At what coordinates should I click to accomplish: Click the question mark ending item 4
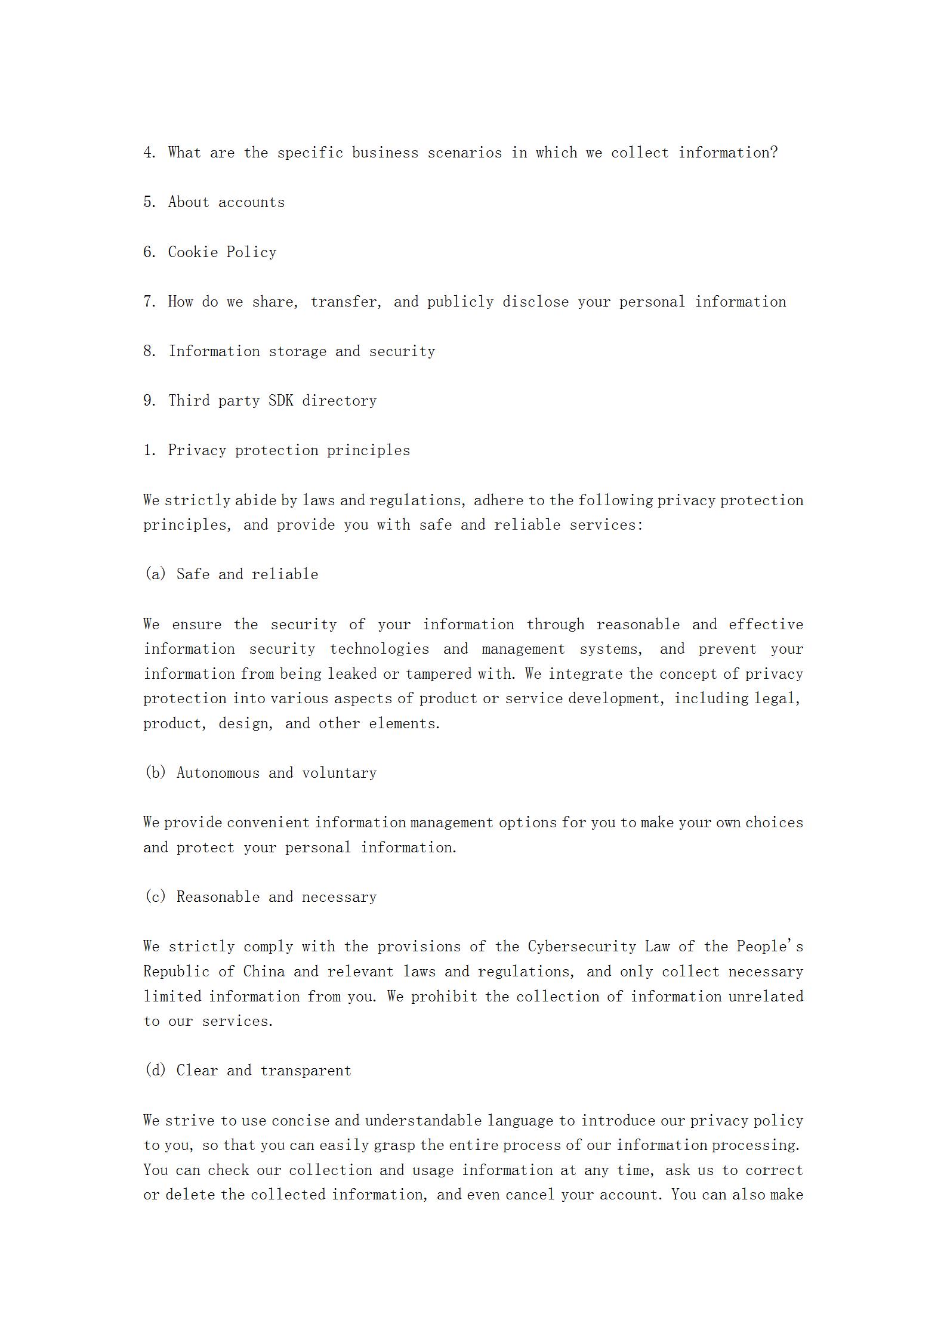click(774, 153)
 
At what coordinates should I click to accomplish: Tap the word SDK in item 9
click(280, 400)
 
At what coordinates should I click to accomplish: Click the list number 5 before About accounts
click(149, 202)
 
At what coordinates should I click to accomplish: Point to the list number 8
click(149, 351)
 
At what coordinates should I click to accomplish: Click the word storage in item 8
click(297, 351)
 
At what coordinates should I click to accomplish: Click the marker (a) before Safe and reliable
click(155, 574)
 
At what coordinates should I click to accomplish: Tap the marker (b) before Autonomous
click(155, 772)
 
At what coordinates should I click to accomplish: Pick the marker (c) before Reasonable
click(155, 896)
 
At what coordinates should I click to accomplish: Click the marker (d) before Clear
click(155, 1070)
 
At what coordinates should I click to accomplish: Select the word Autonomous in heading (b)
click(218, 772)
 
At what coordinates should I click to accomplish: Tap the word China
click(264, 972)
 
